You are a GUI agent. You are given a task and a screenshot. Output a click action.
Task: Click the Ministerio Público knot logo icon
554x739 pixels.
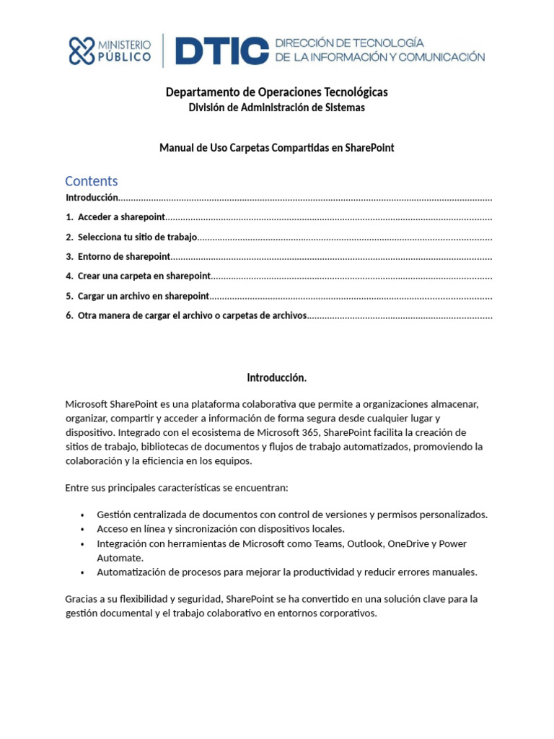(x=82, y=51)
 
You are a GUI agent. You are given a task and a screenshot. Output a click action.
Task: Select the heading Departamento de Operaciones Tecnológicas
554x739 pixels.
(x=276, y=92)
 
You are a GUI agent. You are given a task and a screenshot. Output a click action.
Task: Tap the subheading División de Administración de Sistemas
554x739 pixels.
(x=276, y=108)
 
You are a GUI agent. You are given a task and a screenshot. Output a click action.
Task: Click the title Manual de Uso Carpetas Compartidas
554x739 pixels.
(x=276, y=148)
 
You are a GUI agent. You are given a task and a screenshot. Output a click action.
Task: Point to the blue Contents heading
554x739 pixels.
(x=91, y=181)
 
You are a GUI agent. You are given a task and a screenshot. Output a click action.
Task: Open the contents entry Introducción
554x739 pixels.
(x=92, y=198)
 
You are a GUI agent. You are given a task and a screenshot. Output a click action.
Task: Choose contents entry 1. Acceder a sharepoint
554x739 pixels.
(x=121, y=217)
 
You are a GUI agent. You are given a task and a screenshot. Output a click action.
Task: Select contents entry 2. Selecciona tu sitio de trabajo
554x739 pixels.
(x=137, y=237)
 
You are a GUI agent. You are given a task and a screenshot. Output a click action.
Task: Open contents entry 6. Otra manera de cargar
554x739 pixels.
(x=192, y=315)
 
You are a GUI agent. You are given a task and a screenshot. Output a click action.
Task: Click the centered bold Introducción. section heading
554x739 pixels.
(x=276, y=377)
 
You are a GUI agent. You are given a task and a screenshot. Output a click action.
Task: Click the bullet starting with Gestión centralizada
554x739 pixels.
(x=291, y=515)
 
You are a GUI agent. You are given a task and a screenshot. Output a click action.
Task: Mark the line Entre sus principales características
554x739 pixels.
(x=176, y=488)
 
